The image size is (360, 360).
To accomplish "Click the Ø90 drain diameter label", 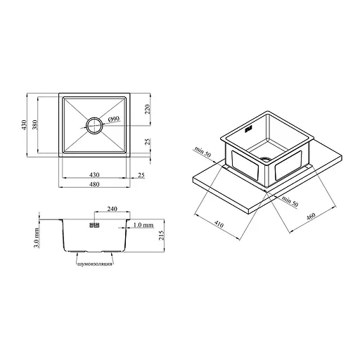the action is (x=114, y=120).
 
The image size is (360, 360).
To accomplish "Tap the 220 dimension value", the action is (x=148, y=109).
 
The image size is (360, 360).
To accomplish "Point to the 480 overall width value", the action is (x=94, y=184).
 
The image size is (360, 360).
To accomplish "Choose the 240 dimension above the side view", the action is (x=112, y=209).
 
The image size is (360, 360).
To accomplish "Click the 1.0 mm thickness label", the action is (x=143, y=225).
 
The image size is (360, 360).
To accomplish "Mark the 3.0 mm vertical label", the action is (x=37, y=238).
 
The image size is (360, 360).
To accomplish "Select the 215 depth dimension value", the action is (x=162, y=235).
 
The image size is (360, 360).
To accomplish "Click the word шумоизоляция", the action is (x=95, y=264).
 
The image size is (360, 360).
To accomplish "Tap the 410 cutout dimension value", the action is (x=219, y=224).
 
